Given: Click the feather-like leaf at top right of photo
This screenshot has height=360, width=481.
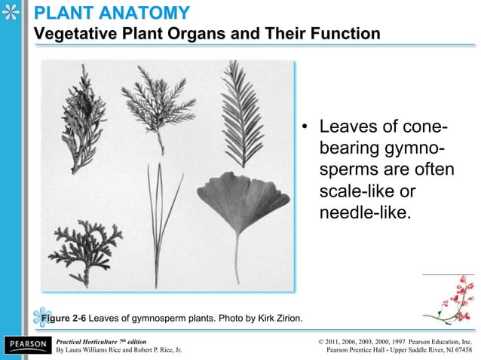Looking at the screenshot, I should coord(242,113).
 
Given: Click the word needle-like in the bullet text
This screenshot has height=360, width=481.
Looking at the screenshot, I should coord(365,212).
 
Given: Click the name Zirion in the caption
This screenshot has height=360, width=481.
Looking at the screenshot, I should coord(286,317).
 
